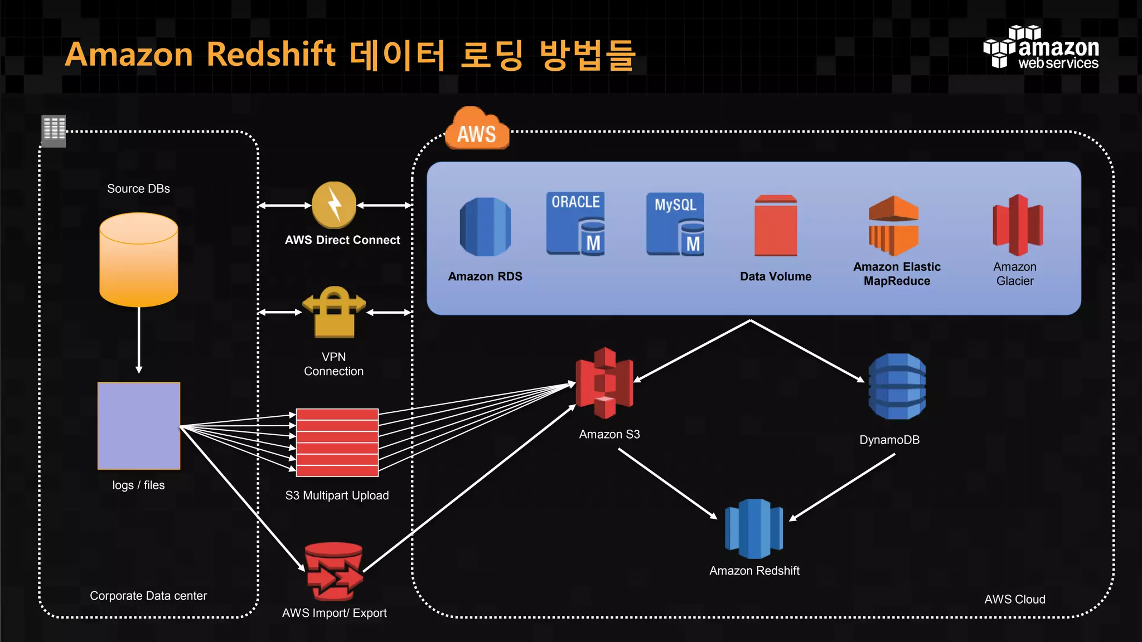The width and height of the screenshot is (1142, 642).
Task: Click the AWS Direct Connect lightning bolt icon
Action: pos(334,205)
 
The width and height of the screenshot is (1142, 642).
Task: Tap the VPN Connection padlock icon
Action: pos(334,313)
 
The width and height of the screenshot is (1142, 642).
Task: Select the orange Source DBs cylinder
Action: pos(138,260)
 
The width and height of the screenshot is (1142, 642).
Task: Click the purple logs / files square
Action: pos(139,426)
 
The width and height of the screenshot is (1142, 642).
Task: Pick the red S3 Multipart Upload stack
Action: pos(337,442)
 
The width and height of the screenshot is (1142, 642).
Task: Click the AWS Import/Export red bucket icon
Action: pos(334,572)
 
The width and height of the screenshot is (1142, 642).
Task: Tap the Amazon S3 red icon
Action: pos(604,383)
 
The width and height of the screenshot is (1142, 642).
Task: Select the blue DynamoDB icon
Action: pos(897,386)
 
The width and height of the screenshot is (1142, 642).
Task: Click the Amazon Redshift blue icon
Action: pos(754,528)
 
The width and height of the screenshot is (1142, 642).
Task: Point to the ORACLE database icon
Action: pos(575,224)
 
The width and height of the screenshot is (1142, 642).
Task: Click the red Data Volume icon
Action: pos(776,226)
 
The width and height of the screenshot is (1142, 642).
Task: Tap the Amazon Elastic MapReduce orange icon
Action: pos(893,226)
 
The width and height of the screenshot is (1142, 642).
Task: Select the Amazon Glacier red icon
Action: pos(1018,225)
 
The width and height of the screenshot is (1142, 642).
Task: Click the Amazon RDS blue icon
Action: pos(485,227)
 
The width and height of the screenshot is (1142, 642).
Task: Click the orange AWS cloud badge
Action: pos(477,130)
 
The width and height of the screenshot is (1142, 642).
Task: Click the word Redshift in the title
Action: pos(271,54)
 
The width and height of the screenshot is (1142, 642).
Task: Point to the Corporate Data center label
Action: pos(148,596)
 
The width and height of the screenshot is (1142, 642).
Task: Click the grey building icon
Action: pos(54,131)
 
